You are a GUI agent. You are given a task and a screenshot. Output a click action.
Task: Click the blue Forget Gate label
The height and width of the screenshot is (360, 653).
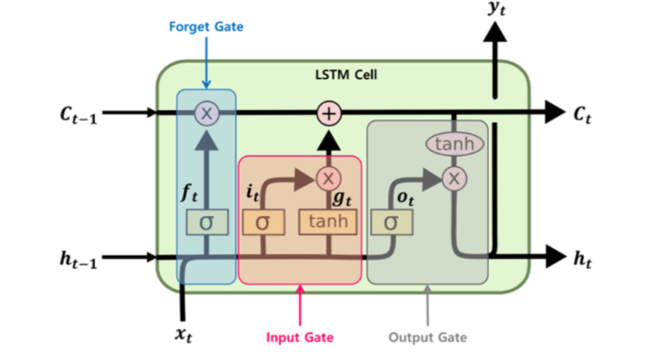(x=206, y=27)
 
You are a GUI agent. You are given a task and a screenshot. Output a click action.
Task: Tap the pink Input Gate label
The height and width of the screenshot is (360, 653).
(x=300, y=337)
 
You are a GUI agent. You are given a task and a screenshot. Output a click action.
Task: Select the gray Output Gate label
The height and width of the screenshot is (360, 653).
(x=428, y=337)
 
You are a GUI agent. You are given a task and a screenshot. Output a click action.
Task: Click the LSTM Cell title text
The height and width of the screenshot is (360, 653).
(x=346, y=75)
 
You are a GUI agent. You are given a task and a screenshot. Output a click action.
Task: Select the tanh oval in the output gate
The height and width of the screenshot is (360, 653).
(x=454, y=144)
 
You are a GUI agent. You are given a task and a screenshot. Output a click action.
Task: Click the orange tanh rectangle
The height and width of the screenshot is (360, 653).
(x=328, y=222)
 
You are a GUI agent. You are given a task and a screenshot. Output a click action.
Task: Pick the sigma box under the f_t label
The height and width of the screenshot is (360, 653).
(x=206, y=223)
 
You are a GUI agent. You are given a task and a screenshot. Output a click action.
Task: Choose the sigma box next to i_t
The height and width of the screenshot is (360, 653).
(x=263, y=223)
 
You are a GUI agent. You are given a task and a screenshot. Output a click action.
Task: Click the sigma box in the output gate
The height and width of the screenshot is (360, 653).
(x=391, y=223)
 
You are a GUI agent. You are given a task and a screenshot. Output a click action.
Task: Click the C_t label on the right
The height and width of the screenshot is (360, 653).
(x=582, y=116)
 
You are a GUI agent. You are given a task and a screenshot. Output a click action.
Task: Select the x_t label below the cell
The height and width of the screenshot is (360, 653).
(x=183, y=334)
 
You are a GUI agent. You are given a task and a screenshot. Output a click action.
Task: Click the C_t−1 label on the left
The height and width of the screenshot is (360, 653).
(x=79, y=116)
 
